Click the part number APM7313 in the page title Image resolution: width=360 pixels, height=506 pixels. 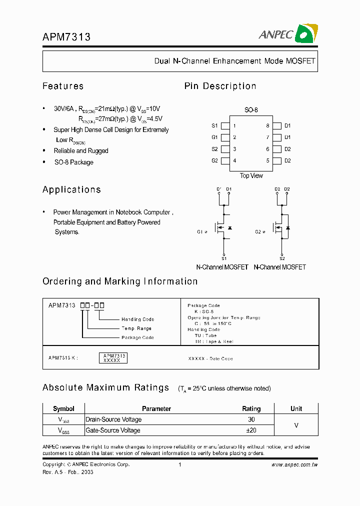click(66, 37)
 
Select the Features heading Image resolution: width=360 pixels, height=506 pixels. click(63, 86)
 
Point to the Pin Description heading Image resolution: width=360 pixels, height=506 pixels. click(220, 86)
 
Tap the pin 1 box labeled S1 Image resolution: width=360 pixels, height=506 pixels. click(225, 126)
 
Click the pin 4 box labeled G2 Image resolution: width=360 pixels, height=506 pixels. click(225, 161)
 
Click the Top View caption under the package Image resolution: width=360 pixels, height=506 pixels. click(251, 175)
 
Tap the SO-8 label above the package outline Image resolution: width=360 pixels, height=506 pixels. click(251, 110)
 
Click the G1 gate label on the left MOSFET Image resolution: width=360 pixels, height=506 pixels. click(200, 232)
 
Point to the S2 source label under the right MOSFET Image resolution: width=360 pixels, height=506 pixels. click(282, 258)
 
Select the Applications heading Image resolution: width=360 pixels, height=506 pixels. click(71, 189)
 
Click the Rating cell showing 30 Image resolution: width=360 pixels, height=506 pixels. click(251, 419)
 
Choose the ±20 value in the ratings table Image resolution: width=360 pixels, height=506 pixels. click(251, 430)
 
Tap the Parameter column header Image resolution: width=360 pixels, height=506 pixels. click(156, 408)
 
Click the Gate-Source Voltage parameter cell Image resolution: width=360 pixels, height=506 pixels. click(113, 430)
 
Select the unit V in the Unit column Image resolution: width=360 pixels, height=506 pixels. click(296, 424)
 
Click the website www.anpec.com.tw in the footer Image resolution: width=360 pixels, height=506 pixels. click(294, 464)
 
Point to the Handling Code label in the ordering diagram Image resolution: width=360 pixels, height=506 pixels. click(137, 319)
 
